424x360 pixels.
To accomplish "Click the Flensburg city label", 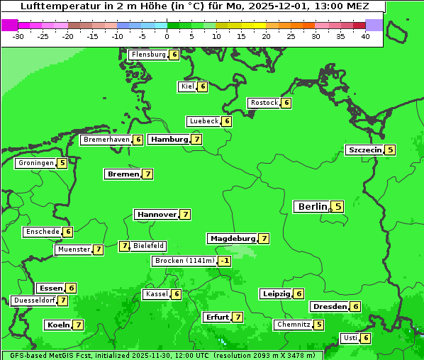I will pos(148,55).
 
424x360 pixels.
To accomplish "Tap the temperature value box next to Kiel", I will pos(202,86).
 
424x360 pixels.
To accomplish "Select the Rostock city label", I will pos(264,103).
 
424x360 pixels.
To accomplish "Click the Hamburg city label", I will pos(169,140).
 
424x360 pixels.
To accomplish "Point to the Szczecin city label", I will pos(364,150).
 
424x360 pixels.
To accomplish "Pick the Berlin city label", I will pos(312,207).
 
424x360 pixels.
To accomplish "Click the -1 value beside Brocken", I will pos(225,261).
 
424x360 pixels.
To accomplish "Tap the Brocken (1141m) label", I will pos(184,261).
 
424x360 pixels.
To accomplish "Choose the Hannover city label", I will pos(156,214).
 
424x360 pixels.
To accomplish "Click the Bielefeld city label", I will pos(148,246).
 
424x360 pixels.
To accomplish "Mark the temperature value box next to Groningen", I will pos(62,163).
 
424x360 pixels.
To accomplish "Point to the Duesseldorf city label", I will pos(34,300).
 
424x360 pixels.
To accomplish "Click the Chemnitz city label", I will pos(293,325).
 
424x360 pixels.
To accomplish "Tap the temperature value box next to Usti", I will pos(366,338).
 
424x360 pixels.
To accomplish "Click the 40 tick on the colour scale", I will pos(365,36).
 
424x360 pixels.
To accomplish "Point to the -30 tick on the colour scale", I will pos(18,36).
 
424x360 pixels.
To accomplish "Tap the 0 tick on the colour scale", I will pos(167,36).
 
